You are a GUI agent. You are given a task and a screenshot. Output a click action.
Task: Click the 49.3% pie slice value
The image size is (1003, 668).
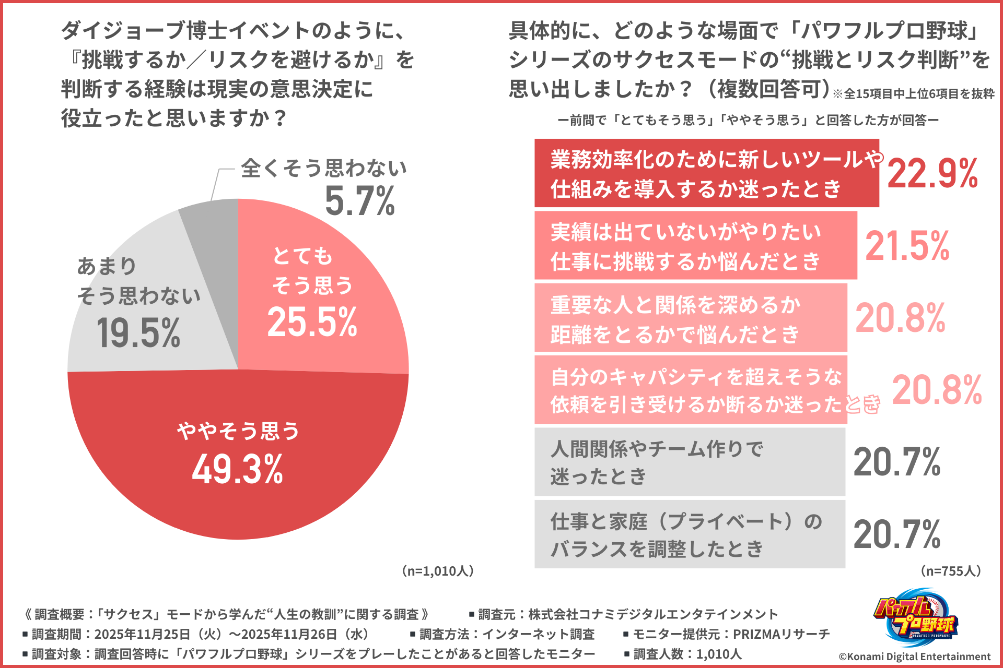tap(238, 469)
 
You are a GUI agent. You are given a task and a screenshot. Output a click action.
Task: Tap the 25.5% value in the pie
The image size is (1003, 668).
tap(312, 321)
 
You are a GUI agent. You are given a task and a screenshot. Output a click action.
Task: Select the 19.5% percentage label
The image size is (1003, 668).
tap(138, 333)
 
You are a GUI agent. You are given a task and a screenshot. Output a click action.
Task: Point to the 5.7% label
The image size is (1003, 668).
tap(360, 201)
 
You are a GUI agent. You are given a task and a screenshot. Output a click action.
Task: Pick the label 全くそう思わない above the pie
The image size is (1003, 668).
tap(323, 168)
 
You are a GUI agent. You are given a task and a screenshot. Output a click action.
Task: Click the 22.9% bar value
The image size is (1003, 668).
tap(932, 174)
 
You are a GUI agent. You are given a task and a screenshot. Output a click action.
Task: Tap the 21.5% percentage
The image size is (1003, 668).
tap(907, 246)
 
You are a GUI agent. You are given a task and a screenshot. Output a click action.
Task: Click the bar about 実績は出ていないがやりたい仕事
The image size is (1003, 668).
tap(695, 245)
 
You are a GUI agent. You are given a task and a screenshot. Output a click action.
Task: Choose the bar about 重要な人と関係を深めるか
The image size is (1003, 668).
tap(690, 318)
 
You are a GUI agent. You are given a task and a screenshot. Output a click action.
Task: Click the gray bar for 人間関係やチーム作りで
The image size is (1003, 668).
tap(689, 462)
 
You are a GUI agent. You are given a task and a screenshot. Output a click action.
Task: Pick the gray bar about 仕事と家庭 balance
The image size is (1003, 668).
tap(689, 534)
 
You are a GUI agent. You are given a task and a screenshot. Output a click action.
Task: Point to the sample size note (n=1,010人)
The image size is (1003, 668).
tap(438, 571)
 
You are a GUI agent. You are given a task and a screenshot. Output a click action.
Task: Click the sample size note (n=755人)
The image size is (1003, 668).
tap(950, 571)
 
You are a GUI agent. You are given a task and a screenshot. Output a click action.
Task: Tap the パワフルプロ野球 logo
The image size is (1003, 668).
tap(915, 617)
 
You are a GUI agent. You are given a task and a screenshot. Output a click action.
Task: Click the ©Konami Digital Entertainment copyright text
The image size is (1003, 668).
tap(914, 657)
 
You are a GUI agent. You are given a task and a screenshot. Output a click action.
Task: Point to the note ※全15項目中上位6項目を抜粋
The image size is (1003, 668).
tap(913, 94)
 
